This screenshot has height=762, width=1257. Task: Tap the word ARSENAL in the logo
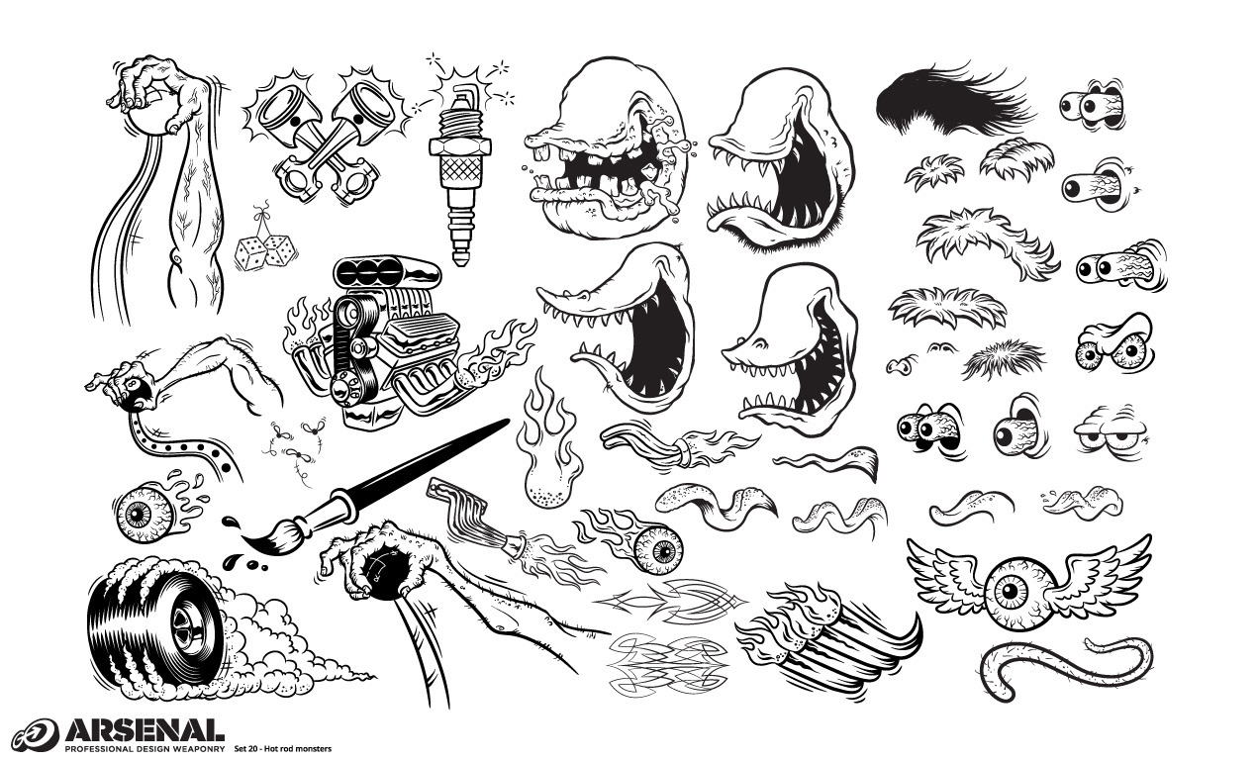144,730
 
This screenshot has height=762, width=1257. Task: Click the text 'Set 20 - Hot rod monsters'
282,748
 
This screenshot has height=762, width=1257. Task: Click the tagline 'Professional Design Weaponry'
144,748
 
